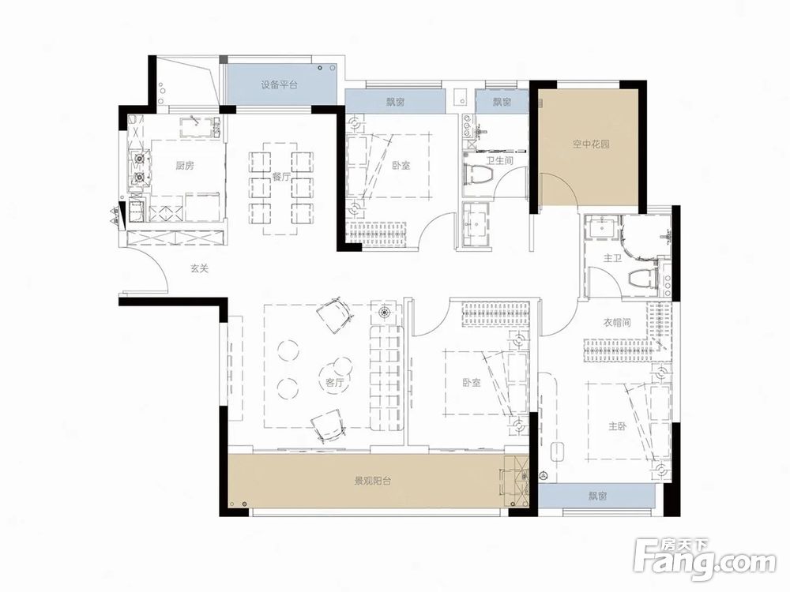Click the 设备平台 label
(x=279, y=85)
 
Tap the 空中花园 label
(x=591, y=144)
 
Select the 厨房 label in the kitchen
(x=185, y=165)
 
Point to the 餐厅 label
(x=280, y=177)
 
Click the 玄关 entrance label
(x=200, y=269)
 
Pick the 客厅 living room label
(x=334, y=383)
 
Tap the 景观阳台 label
(x=373, y=481)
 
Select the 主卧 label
(x=618, y=426)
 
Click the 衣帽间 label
(x=617, y=322)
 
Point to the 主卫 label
(x=613, y=258)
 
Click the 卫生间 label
(x=499, y=161)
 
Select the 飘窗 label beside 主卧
(x=597, y=496)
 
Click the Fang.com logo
(x=705, y=559)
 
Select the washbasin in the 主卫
(x=603, y=227)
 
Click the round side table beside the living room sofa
(x=386, y=313)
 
